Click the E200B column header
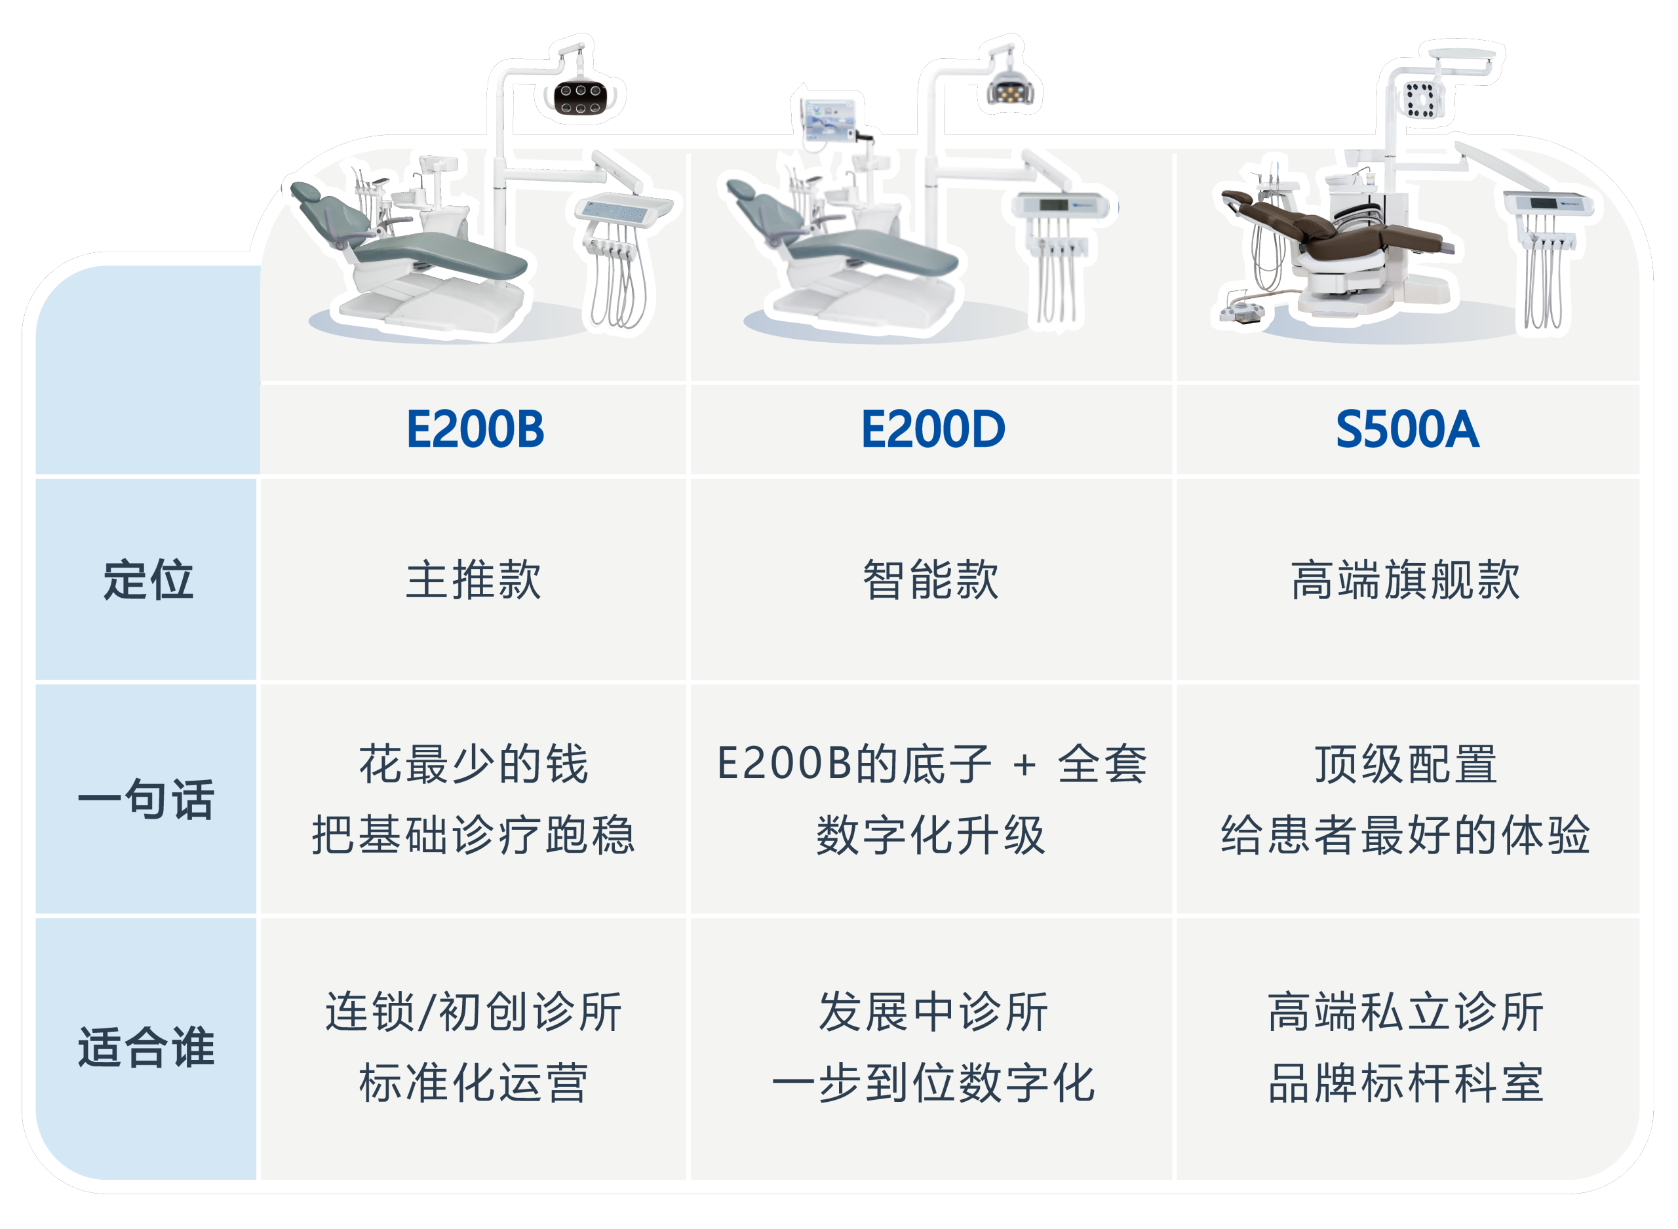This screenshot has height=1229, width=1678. [x=475, y=429]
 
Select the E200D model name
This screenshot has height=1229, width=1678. [x=933, y=429]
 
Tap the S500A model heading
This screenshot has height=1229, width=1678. [x=1407, y=429]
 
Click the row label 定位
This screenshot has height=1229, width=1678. [x=148, y=579]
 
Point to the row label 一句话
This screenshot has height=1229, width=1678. [x=147, y=800]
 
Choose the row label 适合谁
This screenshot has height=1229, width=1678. [x=147, y=1047]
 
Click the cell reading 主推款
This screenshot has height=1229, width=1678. [x=474, y=579]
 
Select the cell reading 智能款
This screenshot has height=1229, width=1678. [x=931, y=579]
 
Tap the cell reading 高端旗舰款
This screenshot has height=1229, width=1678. [x=1406, y=579]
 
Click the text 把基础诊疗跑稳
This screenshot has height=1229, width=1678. [x=473, y=834]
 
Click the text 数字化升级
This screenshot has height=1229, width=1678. [x=931, y=834]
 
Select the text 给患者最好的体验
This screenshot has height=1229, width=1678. [x=1406, y=834]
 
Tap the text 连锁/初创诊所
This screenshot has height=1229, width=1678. [x=474, y=1013]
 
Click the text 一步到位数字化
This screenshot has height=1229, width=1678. [x=933, y=1083]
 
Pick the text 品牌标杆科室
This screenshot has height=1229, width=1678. [x=1406, y=1083]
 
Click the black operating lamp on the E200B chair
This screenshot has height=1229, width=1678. [x=581, y=99]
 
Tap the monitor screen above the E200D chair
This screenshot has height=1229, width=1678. [x=830, y=119]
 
